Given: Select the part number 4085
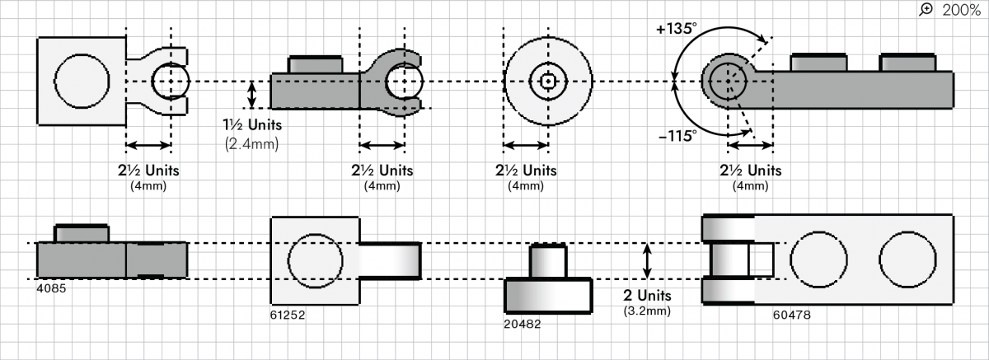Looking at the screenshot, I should pyautogui.click(x=51, y=288).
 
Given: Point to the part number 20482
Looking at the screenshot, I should pyautogui.click(x=522, y=325).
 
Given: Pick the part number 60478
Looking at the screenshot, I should pyautogui.click(x=790, y=314).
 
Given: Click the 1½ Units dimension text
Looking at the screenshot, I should pyautogui.click(x=254, y=126).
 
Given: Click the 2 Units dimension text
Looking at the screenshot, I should pyautogui.click(x=647, y=296).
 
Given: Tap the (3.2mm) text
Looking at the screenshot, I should pyautogui.click(x=647, y=311).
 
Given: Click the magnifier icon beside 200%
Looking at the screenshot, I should pyautogui.click(x=927, y=9).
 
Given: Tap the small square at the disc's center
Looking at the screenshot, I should pyautogui.click(x=548, y=82).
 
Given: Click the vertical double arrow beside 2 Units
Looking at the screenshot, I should pyautogui.click(x=647, y=260).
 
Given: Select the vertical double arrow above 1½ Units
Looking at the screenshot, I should pyautogui.click(x=253, y=93).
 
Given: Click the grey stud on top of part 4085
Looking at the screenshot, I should pyautogui.click(x=81, y=233).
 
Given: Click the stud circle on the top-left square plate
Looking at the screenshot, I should pyautogui.click(x=82, y=82).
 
